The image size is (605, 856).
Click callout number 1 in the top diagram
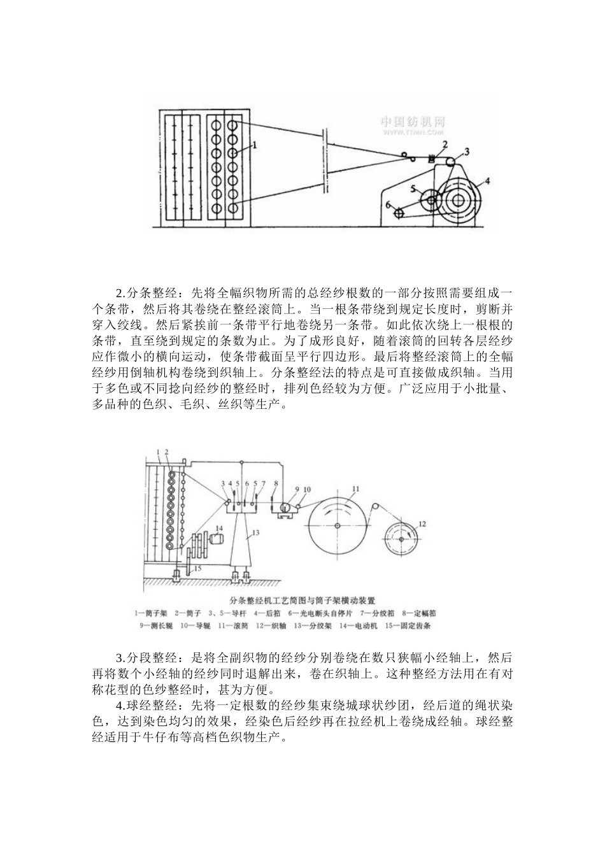tap(255, 145)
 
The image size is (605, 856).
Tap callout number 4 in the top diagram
tap(487, 181)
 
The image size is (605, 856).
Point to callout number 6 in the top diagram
tap(386, 204)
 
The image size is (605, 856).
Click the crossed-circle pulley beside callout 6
tap(399, 213)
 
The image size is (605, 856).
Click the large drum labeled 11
tap(339, 525)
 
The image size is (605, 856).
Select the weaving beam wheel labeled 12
tap(401, 539)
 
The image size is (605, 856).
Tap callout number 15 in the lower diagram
tap(197, 568)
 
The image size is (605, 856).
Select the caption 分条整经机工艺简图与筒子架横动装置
tap(302, 600)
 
